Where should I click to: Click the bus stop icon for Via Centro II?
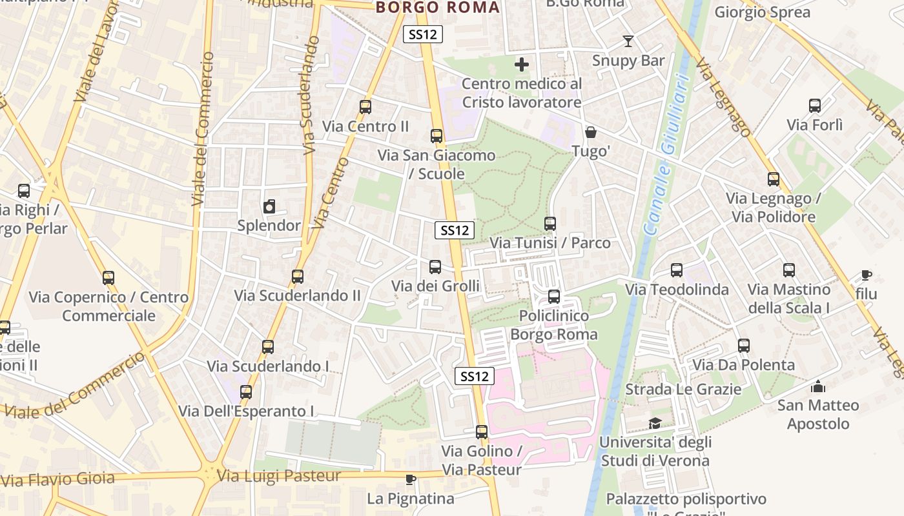(x=365, y=107)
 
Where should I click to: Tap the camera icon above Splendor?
(x=269, y=207)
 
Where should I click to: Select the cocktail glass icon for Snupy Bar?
(x=628, y=41)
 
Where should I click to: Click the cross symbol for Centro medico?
(x=522, y=64)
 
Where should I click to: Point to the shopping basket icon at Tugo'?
(x=591, y=132)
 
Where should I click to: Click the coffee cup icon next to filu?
(x=866, y=275)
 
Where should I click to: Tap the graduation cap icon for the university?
(x=655, y=423)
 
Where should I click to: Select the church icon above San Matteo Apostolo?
(x=818, y=387)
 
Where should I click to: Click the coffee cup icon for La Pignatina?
(x=410, y=479)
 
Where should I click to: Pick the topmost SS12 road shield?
(x=423, y=34)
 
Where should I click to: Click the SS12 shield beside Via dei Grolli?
(x=455, y=230)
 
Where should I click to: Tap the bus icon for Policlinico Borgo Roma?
(x=553, y=297)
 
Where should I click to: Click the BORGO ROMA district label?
(x=438, y=8)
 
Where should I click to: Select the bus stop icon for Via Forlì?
(x=815, y=106)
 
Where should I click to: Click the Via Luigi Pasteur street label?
(x=279, y=476)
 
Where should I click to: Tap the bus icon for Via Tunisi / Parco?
(x=550, y=224)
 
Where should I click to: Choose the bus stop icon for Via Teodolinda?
(x=677, y=270)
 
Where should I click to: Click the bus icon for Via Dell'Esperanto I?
(x=246, y=392)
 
